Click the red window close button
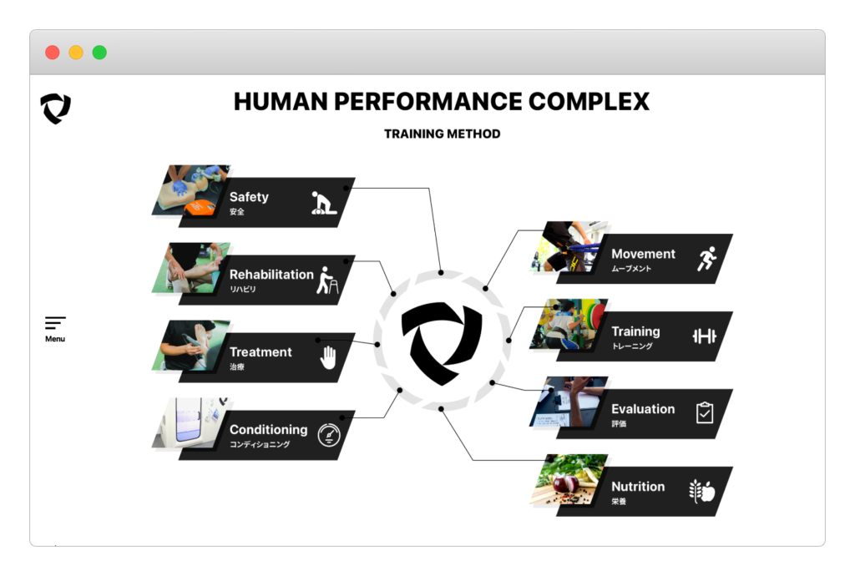click(x=53, y=53)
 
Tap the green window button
click(x=100, y=53)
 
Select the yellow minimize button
click(x=76, y=53)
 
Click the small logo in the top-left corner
click(x=56, y=109)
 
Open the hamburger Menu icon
click(x=55, y=323)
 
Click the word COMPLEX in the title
click(x=589, y=101)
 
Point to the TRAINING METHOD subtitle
click(x=443, y=134)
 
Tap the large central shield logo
click(x=442, y=343)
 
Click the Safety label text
click(x=249, y=197)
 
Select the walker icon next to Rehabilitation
click(x=327, y=280)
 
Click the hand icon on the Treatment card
click(x=328, y=357)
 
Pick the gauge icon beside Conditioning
click(x=329, y=435)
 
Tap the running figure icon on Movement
click(x=706, y=258)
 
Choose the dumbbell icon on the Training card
click(x=705, y=336)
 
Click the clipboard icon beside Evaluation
click(x=705, y=412)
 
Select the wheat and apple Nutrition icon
click(x=702, y=491)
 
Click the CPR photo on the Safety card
click(x=191, y=190)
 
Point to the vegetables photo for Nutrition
click(x=569, y=479)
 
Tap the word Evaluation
click(x=643, y=409)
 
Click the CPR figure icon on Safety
click(x=323, y=203)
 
